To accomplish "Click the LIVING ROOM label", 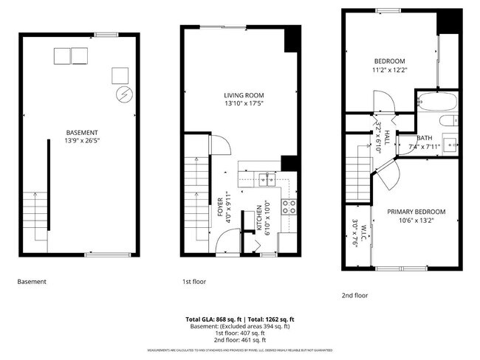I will [244, 95].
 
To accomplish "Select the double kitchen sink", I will [266, 178].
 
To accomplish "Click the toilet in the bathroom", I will [446, 121].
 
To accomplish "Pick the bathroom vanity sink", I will [449, 142].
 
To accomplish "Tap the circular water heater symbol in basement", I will [123, 94].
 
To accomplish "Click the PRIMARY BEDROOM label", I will [416, 211].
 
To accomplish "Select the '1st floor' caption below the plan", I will [194, 282].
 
